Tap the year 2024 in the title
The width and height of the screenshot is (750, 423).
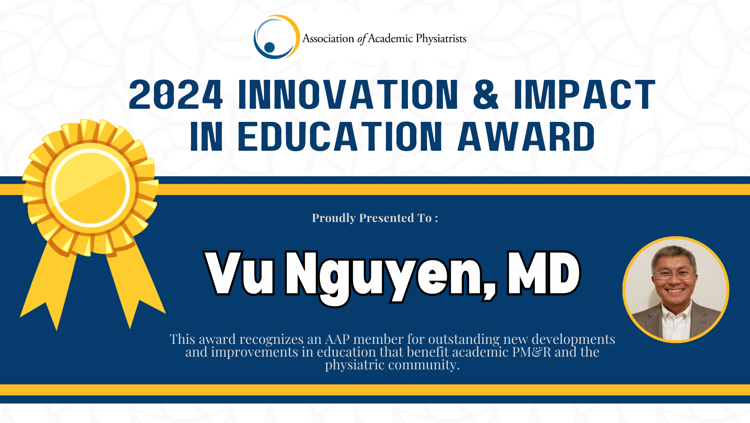click(x=176, y=94)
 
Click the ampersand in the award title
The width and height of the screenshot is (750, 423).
click(x=486, y=94)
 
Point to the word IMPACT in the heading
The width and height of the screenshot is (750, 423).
click(x=585, y=94)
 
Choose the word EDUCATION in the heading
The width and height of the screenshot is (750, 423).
click(x=340, y=136)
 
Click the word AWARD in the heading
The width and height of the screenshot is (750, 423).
click(x=526, y=136)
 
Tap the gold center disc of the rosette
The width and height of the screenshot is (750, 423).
click(x=91, y=188)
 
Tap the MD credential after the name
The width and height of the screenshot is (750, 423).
click(x=543, y=273)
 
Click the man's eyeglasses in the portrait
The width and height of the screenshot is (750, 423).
click(x=674, y=275)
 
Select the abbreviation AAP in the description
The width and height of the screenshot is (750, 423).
click(x=337, y=339)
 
